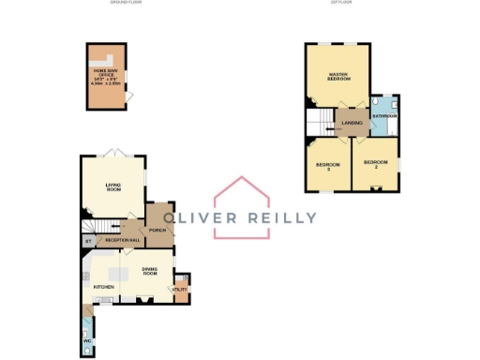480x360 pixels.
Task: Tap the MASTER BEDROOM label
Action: click(x=337, y=76)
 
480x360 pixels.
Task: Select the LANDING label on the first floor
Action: click(x=352, y=122)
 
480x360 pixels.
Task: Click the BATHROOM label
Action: click(x=384, y=115)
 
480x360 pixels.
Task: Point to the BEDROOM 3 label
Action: click(x=328, y=166)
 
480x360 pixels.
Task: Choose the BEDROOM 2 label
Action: click(x=376, y=164)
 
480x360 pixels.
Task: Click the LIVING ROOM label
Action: click(x=112, y=187)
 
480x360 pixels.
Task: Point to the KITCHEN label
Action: click(x=103, y=286)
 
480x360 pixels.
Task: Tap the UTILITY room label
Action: click(x=179, y=289)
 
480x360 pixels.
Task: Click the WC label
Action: click(x=86, y=341)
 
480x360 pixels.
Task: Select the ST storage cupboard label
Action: click(x=88, y=241)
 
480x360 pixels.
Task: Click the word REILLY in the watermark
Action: click(x=282, y=217)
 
